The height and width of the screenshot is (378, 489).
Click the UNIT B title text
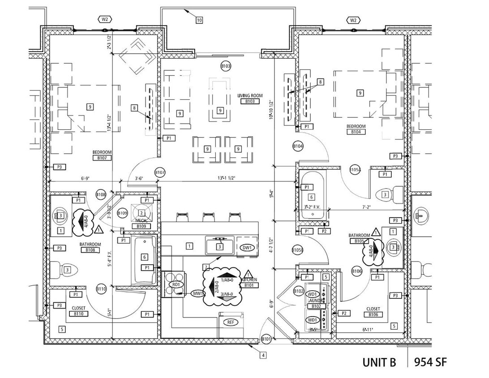[379, 362]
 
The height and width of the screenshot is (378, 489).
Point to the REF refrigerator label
[230, 322]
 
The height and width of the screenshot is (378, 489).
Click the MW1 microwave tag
[197, 293]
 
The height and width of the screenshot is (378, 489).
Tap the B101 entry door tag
[266, 339]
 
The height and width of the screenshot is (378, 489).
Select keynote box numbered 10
[199, 20]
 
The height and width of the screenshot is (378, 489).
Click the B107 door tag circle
[160, 172]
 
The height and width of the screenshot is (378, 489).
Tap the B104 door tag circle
[298, 146]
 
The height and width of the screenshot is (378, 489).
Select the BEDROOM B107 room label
[102, 155]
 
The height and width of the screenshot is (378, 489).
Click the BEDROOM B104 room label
[356, 129]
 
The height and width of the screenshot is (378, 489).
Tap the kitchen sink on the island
[219, 246]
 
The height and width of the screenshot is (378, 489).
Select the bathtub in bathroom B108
[144, 260]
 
